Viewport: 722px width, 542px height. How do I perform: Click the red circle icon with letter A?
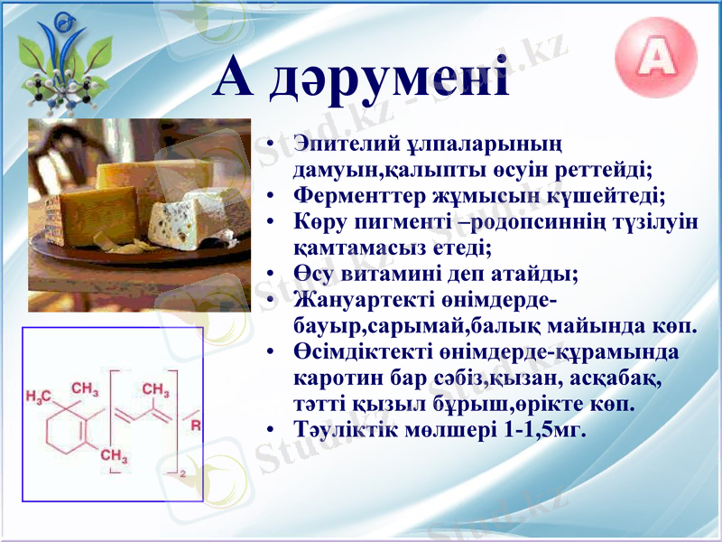pos(656,58)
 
